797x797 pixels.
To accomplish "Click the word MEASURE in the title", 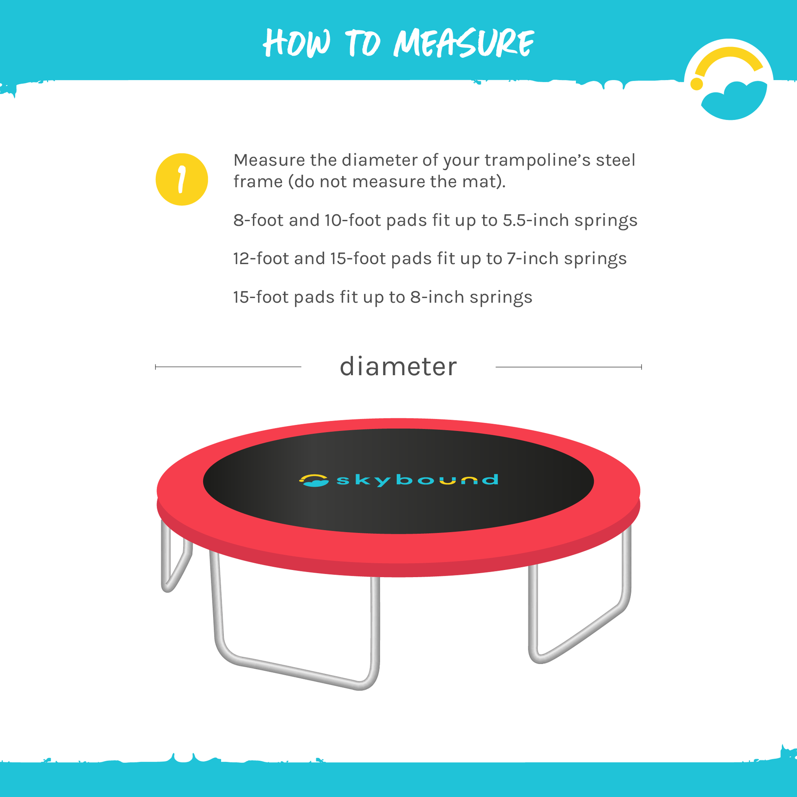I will click(x=463, y=43).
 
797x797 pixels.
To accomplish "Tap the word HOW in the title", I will click(x=296, y=43).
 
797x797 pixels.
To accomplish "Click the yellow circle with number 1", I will click(x=182, y=180).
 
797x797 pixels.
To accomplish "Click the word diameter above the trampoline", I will click(x=398, y=367).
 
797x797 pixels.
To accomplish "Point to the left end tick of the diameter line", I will click(x=155, y=367).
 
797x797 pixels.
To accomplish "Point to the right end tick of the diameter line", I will click(x=641, y=367).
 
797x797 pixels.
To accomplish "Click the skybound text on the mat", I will click(x=417, y=480).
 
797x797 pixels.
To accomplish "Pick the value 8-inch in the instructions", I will click(x=437, y=297).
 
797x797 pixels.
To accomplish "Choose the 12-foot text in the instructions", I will click(x=261, y=259).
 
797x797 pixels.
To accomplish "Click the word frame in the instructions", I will click(x=258, y=182).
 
